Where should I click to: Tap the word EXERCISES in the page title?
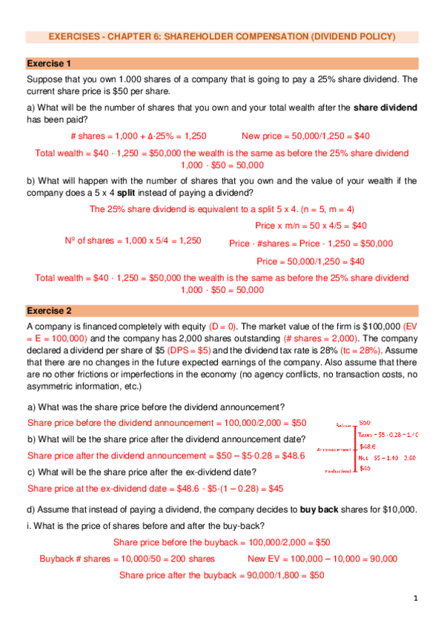[73, 36]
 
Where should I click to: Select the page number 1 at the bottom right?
[417, 598]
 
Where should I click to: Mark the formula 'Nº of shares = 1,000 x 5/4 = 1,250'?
[133, 240]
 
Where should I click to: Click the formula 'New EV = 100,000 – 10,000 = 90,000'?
[322, 559]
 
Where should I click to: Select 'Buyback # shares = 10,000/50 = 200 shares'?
[127, 559]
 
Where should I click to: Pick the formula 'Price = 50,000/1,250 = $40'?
[310, 261]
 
